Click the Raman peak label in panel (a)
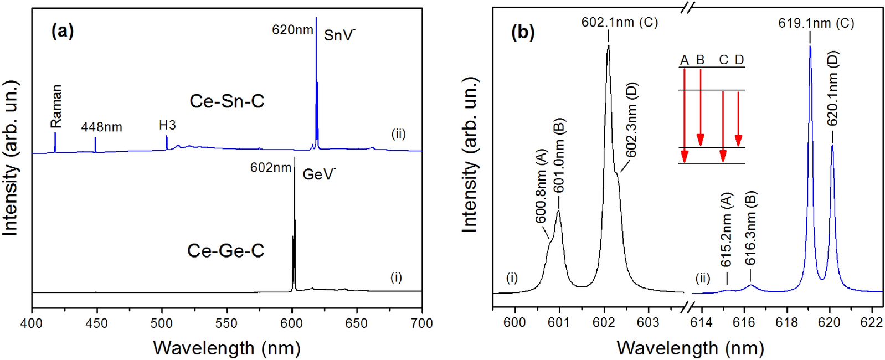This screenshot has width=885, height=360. click(55, 106)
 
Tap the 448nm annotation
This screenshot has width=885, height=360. click(101, 127)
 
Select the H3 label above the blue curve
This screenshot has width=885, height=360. click(167, 125)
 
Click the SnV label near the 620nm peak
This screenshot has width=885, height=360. click(339, 35)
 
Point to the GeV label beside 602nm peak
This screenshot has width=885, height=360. click(319, 175)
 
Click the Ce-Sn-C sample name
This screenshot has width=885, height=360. click(227, 101)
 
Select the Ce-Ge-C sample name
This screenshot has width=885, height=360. click(225, 251)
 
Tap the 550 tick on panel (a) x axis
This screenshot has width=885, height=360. click(227, 323)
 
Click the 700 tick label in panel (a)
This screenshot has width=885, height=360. click(422, 323)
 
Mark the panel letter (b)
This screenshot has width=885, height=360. click(522, 33)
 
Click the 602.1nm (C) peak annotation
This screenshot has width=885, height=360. click(619, 22)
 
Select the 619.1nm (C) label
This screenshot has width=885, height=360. click(816, 23)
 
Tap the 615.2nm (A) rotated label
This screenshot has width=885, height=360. click(727, 229)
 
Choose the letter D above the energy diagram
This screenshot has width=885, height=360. click(739, 60)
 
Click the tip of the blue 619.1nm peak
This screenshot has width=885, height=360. click(810, 47)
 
